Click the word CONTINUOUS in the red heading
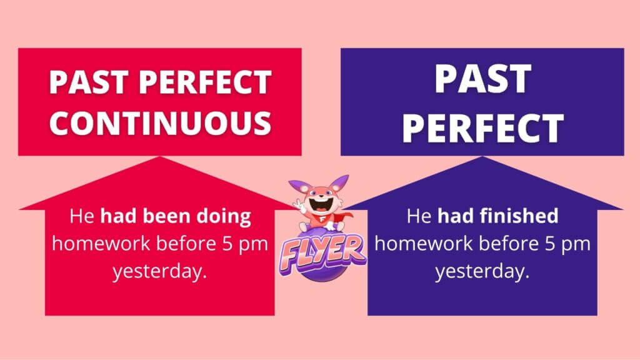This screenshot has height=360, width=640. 160,123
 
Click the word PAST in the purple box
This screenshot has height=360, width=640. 482,79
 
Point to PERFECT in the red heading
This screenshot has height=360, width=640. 205,82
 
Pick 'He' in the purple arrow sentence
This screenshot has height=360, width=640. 419,216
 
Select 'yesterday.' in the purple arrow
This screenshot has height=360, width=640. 482,271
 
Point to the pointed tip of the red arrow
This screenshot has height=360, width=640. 159,156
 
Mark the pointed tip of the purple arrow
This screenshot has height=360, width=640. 482,156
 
